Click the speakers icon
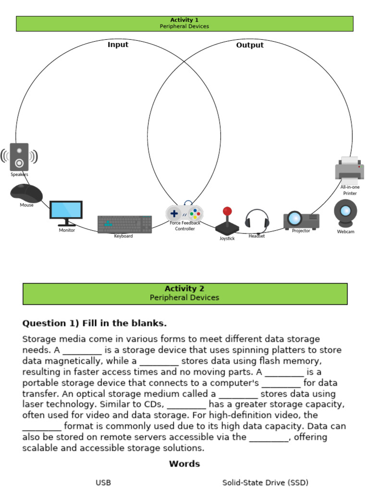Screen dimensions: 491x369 [19, 157]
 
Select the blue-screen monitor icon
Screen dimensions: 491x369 [66, 212]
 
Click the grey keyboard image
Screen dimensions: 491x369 [125, 224]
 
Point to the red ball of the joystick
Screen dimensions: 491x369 [227, 211]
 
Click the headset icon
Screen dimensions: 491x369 [257, 220]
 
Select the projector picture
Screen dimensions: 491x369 [301, 220]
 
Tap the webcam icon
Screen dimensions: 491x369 [345, 213]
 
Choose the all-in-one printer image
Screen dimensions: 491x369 [349, 169]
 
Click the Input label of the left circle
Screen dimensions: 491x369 [118, 45]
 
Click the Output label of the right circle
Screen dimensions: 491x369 [250, 45]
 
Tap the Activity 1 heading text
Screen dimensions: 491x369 [184, 20]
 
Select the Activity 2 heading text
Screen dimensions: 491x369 [184, 289]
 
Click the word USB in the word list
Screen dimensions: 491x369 [103, 482]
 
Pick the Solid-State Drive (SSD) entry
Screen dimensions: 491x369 [265, 482]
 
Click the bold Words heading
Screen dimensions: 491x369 [184, 464]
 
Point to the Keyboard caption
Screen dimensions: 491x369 [123, 236]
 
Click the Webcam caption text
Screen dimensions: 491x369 [345, 232]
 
